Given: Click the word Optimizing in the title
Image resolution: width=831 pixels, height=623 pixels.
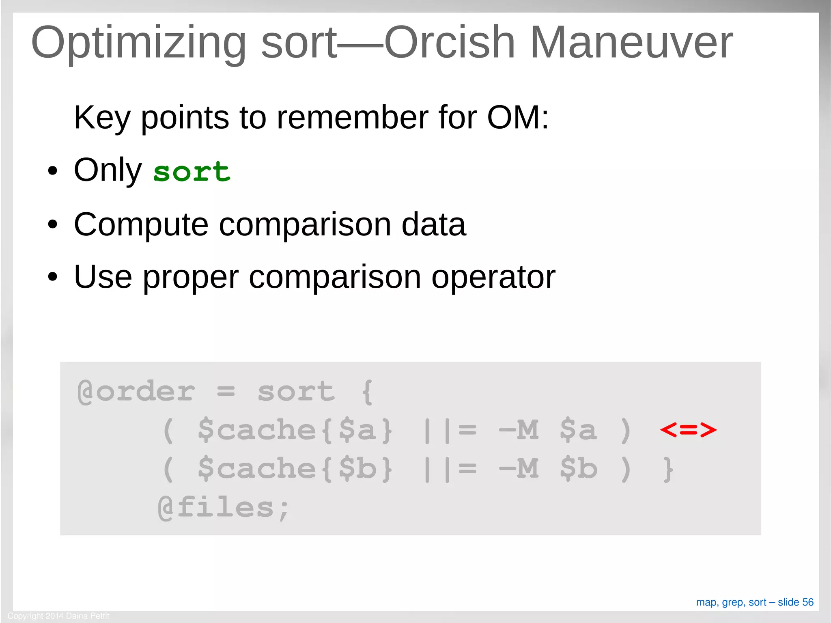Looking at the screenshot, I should pyautogui.click(x=138, y=43).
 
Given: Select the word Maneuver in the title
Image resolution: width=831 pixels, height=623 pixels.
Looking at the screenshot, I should pyautogui.click(x=631, y=43).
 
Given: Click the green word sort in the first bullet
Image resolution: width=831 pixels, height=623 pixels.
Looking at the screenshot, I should pyautogui.click(x=192, y=171).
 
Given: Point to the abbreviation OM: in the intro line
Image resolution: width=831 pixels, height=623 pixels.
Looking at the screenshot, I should pyautogui.click(x=518, y=118).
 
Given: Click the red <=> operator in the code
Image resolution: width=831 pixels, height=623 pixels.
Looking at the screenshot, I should pyautogui.click(x=688, y=430).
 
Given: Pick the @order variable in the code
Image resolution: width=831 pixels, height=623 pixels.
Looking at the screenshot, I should pyautogui.click(x=136, y=392).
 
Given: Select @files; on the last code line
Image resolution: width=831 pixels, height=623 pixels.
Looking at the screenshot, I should pyautogui.click(x=223, y=507).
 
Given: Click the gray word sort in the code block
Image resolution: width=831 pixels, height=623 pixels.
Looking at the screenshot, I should pyautogui.click(x=296, y=392).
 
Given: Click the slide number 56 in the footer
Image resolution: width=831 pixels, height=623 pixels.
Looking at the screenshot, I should pyautogui.click(x=807, y=602).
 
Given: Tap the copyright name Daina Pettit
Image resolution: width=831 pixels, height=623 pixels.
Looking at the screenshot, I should pyautogui.click(x=88, y=616).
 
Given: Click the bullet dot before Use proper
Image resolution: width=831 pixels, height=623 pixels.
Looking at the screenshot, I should pyautogui.click(x=52, y=277).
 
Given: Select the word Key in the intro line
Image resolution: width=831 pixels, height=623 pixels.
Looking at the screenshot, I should pyautogui.click(x=102, y=118).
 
